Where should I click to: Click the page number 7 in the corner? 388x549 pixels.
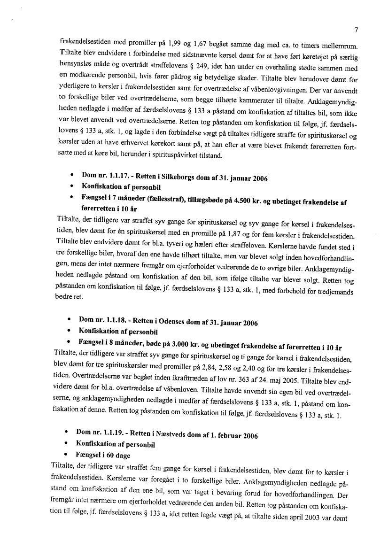click(x=357, y=31)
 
